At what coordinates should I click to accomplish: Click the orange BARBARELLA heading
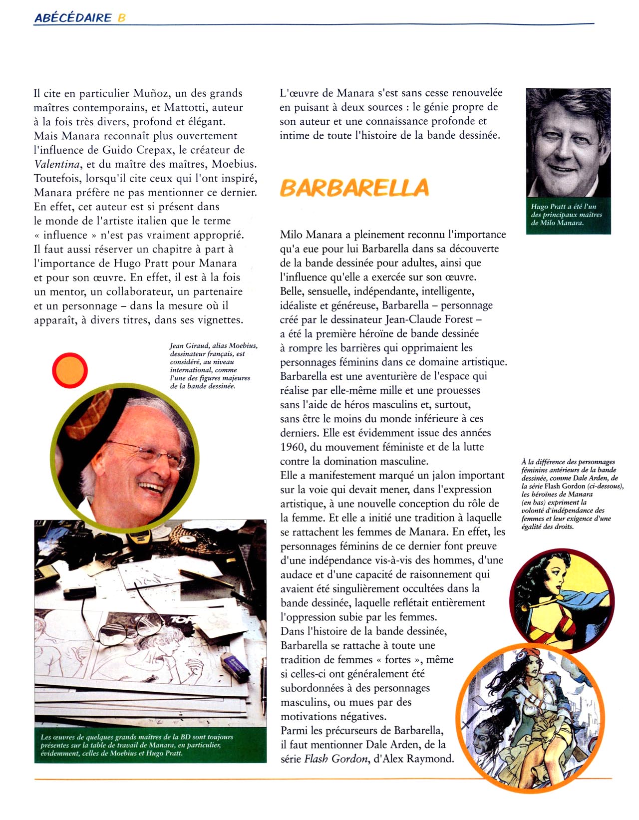pyautogui.click(x=354, y=188)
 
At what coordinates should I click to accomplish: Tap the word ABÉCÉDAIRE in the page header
pyautogui.click(x=73, y=17)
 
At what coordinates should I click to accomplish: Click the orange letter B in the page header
pyautogui.click(x=121, y=17)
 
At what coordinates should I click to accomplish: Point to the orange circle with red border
pyautogui.click(x=70, y=370)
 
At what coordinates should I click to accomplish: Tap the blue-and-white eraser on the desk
pyautogui.click(x=235, y=666)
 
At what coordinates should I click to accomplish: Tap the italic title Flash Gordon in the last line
pyautogui.click(x=336, y=759)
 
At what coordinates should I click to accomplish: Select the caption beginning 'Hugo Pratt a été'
pyautogui.click(x=568, y=215)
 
